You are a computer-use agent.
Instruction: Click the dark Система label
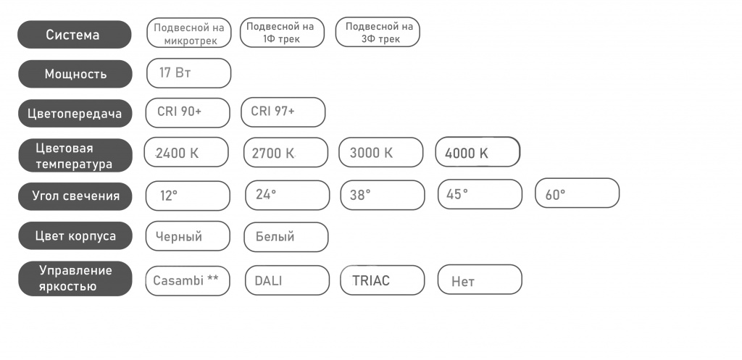pyautogui.click(x=75, y=35)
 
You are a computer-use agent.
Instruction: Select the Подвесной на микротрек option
pyautogui.click(x=189, y=33)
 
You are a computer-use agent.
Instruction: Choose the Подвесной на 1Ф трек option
pyautogui.click(x=282, y=33)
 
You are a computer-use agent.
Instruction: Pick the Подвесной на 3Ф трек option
pyautogui.click(x=378, y=32)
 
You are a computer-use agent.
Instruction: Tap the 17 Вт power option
pyautogui.click(x=189, y=73)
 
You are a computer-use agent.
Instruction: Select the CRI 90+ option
pyautogui.click(x=188, y=113)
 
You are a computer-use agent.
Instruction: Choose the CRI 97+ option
pyautogui.click(x=283, y=112)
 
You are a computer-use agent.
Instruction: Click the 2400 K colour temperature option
pyautogui.click(x=186, y=152)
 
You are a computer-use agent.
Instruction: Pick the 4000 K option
pyautogui.click(x=478, y=152)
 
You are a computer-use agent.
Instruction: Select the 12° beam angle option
pyautogui.click(x=188, y=196)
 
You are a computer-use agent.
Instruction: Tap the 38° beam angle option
pyautogui.click(x=383, y=195)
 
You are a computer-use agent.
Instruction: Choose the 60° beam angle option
pyautogui.click(x=578, y=193)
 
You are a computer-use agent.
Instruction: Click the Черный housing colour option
pyautogui.click(x=188, y=236)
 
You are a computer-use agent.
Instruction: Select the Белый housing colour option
pyautogui.click(x=285, y=237)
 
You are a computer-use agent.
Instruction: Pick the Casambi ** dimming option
pyautogui.click(x=188, y=281)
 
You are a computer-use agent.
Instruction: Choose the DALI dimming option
pyautogui.click(x=287, y=280)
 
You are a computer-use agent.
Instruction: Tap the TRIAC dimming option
pyautogui.click(x=383, y=280)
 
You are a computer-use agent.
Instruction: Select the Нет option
pyautogui.click(x=480, y=280)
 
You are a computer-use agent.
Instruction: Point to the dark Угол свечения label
pyautogui.click(x=75, y=196)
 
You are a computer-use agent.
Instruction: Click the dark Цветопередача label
pyautogui.click(x=75, y=114)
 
